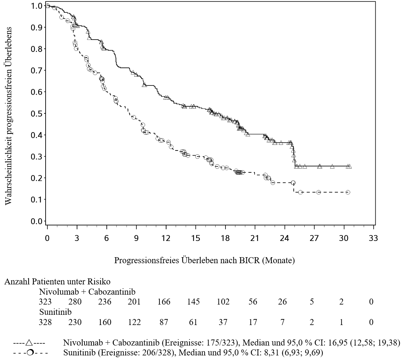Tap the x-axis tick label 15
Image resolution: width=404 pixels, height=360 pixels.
tap(195, 238)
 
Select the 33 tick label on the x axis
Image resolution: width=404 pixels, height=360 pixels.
tap(373, 238)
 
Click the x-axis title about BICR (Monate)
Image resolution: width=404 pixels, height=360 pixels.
tap(205, 260)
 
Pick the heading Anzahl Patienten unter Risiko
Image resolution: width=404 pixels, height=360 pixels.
tap(58, 281)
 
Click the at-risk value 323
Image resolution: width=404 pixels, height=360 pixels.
tap(45, 302)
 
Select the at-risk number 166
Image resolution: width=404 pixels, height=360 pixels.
tap(164, 302)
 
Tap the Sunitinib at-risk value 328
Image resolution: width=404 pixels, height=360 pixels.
tap(45, 322)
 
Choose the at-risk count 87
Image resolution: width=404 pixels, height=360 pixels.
tap(164, 322)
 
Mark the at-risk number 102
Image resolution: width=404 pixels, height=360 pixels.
tap(223, 302)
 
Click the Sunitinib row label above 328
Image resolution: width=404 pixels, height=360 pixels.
tap(55, 312)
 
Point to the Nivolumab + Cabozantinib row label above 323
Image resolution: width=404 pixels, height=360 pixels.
tap(87, 292)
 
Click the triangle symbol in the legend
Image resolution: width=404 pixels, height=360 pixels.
tap(29, 343)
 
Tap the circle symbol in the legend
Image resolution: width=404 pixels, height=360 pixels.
tap(30, 353)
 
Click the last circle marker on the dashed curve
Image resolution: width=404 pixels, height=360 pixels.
tap(348, 192)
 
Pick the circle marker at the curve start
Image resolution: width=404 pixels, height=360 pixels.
tap(48, 6)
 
